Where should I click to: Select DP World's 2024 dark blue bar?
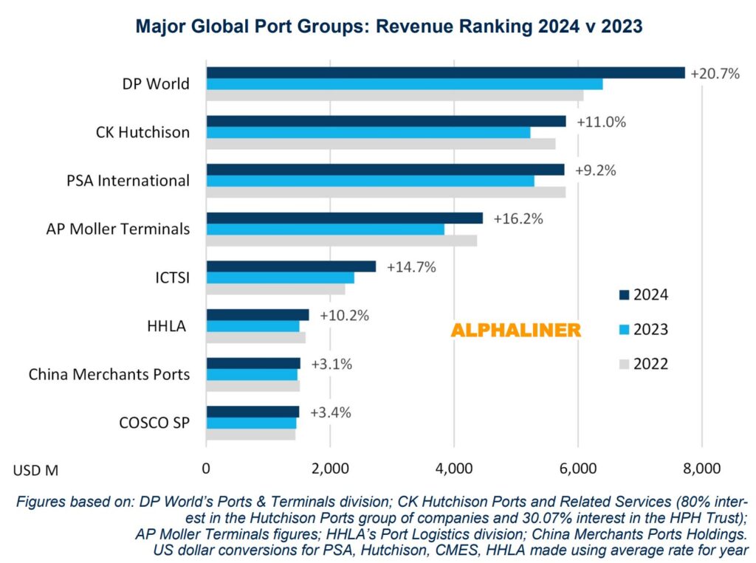click(445, 72)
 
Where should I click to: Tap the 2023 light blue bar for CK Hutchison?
click(368, 132)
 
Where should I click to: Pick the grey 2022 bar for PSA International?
click(385, 192)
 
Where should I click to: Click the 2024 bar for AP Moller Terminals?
click(344, 218)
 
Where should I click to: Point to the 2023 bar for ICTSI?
click(280, 277)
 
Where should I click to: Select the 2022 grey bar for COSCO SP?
click(250, 435)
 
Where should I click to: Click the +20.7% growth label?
click(715, 73)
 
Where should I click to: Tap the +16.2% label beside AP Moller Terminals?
click(518, 218)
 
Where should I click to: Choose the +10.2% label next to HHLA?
click(344, 315)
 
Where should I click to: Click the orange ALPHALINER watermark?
click(515, 331)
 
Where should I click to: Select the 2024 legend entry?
click(642, 295)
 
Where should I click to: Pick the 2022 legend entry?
click(642, 364)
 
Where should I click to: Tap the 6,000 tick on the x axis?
click(578, 468)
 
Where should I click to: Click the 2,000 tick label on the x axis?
click(330, 468)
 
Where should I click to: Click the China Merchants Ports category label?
click(109, 374)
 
